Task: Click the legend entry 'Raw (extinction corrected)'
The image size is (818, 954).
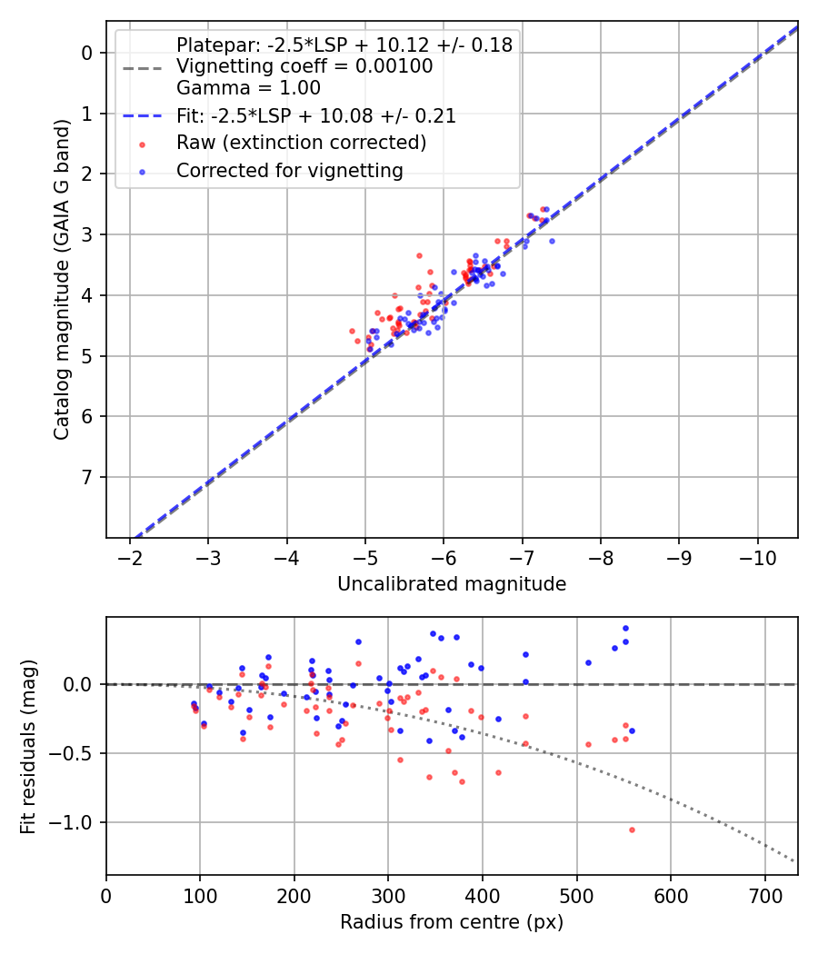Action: (301, 143)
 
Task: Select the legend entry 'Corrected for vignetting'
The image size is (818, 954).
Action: (289, 170)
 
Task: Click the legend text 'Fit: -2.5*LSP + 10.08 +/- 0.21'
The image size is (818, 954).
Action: (315, 116)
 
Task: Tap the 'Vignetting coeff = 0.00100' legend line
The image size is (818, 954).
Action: (304, 66)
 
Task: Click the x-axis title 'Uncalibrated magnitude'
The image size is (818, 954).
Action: (452, 584)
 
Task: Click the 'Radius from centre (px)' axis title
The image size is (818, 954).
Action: (452, 922)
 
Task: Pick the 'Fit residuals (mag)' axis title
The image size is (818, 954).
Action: (28, 746)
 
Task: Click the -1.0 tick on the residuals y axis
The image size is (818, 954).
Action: (74, 822)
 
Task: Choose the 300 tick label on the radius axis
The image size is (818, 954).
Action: (388, 895)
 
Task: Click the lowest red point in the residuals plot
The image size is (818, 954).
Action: (632, 830)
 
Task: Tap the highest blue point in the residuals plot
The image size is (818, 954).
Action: (625, 628)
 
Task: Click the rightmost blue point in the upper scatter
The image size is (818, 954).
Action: (552, 241)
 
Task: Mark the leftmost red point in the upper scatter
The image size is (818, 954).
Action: (352, 331)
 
